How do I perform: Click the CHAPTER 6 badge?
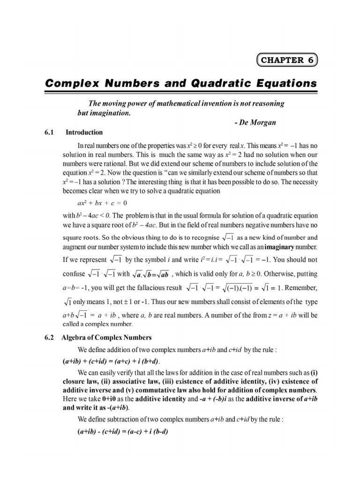point(287,60)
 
